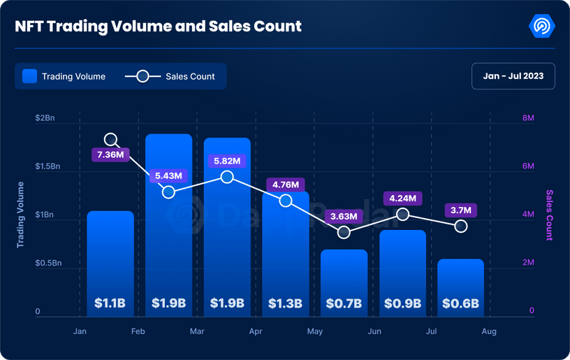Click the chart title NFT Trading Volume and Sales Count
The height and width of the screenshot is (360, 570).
tap(159, 27)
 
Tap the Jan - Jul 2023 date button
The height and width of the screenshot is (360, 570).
tap(513, 76)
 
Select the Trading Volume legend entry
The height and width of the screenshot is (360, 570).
tap(64, 76)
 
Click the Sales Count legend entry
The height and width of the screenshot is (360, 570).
tap(170, 76)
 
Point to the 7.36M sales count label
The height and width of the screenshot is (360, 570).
tap(110, 154)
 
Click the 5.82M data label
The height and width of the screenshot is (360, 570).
tap(227, 161)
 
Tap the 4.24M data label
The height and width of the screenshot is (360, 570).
tap(402, 198)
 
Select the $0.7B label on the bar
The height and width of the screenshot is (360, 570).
tap(344, 303)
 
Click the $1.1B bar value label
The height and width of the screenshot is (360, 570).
tap(110, 303)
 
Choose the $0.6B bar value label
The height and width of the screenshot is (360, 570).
tap(461, 303)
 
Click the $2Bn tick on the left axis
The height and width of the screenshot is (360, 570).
tap(45, 118)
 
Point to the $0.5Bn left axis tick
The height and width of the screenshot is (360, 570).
tap(48, 263)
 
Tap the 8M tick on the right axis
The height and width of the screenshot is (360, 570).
tap(528, 118)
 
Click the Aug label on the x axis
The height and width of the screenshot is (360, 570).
tap(489, 331)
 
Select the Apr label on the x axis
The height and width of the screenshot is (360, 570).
tap(256, 331)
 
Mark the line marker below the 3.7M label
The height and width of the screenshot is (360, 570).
tap(461, 226)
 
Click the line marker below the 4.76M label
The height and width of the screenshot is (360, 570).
tap(286, 201)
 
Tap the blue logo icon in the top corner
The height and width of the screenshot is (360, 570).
tap(542, 26)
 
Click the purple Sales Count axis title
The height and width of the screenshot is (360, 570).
tap(549, 215)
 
